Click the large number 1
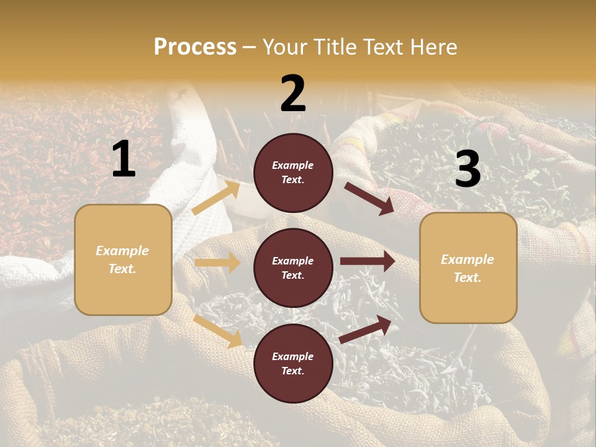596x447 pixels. [x=124, y=160]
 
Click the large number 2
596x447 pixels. [x=293, y=94]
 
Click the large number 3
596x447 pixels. [x=467, y=169]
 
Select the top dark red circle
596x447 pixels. [x=293, y=173]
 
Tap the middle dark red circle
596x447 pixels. [x=293, y=268]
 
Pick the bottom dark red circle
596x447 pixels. [x=293, y=363]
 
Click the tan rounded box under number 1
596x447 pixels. [x=123, y=260]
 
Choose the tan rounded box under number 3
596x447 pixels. [x=468, y=268]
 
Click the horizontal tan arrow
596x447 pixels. [x=217, y=263]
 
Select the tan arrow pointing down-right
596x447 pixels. [x=218, y=331]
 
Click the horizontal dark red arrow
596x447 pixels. [x=367, y=261]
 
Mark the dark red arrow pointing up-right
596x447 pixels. [x=365, y=330]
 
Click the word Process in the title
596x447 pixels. [x=195, y=47]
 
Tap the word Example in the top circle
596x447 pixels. [x=293, y=165]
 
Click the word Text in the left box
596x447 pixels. [x=122, y=269]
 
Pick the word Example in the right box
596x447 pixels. [x=467, y=260]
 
